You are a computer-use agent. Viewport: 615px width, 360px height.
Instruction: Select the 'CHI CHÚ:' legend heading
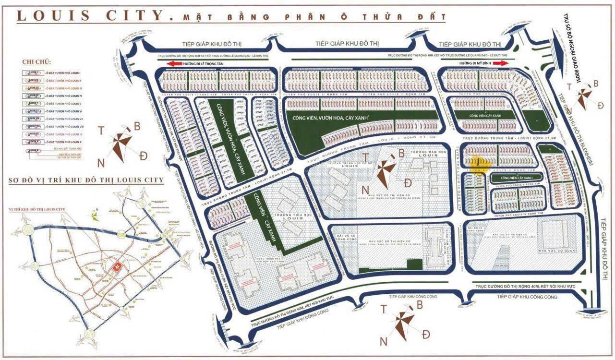[x=36, y=62]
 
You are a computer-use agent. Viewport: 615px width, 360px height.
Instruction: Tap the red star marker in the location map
[x=116, y=266]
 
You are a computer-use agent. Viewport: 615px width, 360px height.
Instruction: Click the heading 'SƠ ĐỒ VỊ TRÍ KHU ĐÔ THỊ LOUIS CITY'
[x=86, y=180]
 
